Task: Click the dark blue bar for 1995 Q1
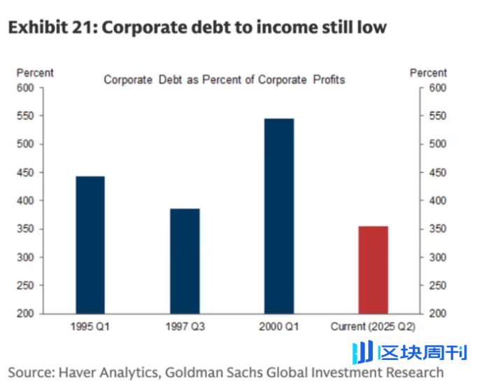[x=90, y=244]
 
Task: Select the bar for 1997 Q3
[x=185, y=261]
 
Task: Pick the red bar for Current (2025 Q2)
[x=373, y=270]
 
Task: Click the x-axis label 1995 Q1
[x=90, y=326]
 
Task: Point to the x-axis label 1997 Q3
[x=185, y=326]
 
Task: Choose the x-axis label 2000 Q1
[x=279, y=326]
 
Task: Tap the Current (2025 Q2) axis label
[x=373, y=326]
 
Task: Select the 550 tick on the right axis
[x=438, y=116]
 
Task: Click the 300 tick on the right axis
[x=438, y=258]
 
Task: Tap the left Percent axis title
[x=35, y=73]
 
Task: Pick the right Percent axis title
[x=428, y=73]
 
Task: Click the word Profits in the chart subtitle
[x=328, y=80]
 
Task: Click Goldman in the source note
[x=213, y=372]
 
